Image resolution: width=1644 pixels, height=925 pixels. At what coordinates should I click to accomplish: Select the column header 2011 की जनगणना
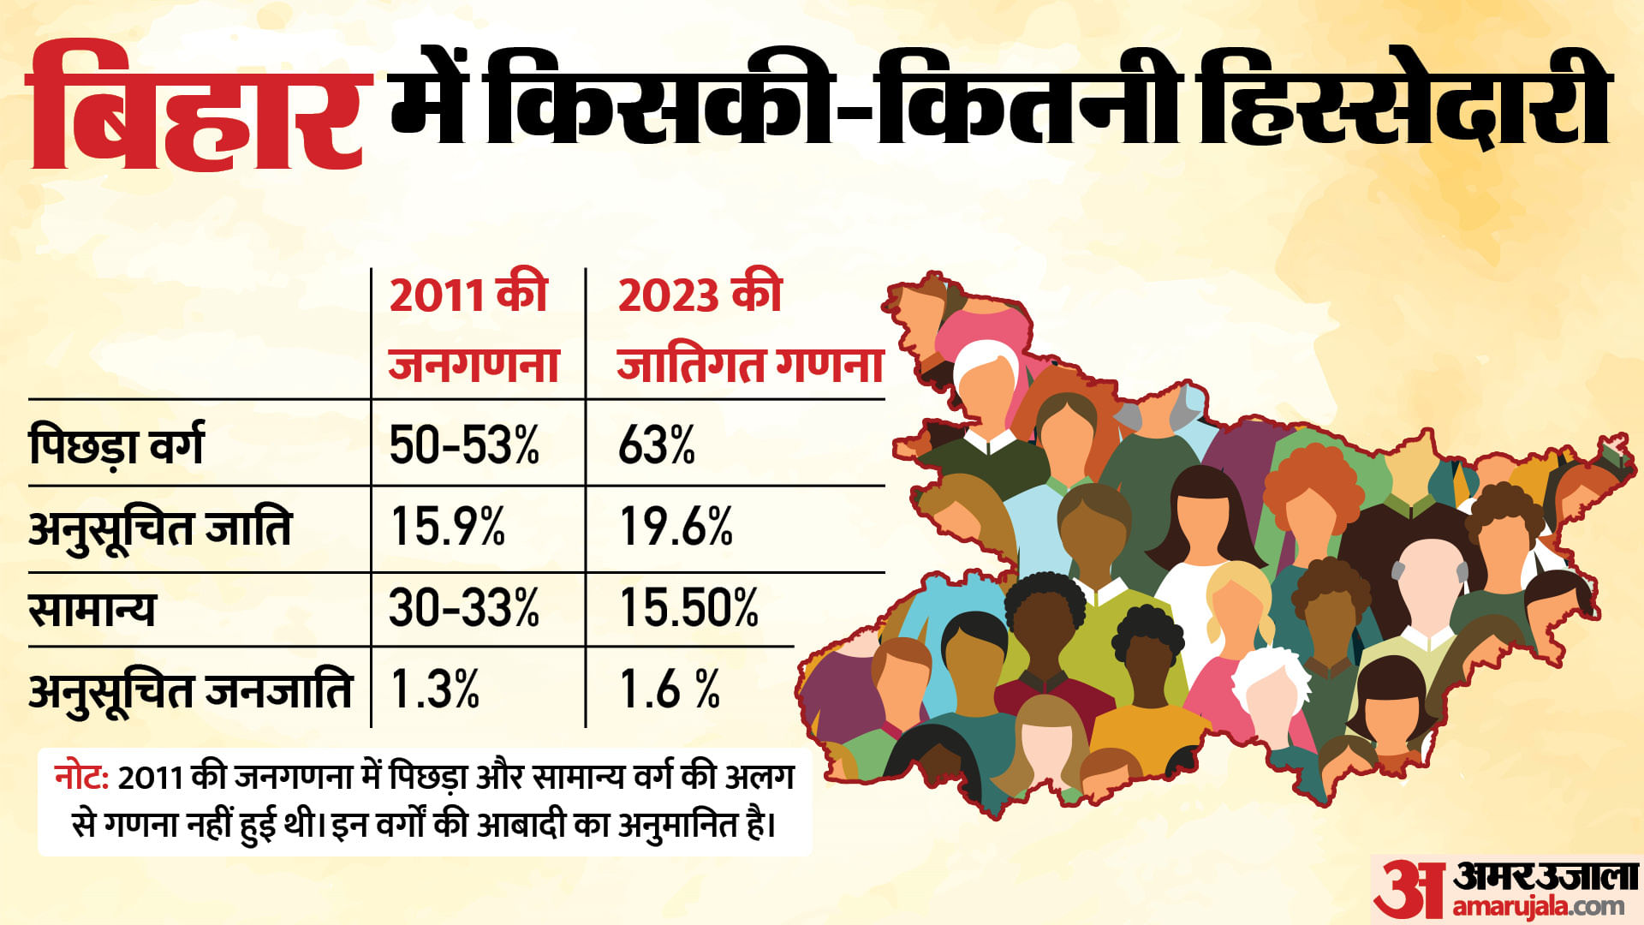coord(473,329)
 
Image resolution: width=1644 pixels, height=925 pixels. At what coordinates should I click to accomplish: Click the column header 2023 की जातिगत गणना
coord(748,329)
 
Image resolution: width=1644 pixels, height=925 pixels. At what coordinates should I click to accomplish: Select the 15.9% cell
coord(447,527)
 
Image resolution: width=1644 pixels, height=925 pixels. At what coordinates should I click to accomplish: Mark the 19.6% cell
coord(676,527)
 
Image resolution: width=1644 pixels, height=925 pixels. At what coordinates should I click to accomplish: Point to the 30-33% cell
coord(464,608)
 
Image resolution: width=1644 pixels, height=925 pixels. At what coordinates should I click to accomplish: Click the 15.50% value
coord(688,608)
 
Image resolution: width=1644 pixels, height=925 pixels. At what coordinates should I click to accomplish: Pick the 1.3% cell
coord(434,689)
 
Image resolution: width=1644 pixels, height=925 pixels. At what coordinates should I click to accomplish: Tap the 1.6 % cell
coord(669,689)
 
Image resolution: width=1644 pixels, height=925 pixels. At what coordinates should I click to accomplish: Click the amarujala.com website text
coord(1538,906)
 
